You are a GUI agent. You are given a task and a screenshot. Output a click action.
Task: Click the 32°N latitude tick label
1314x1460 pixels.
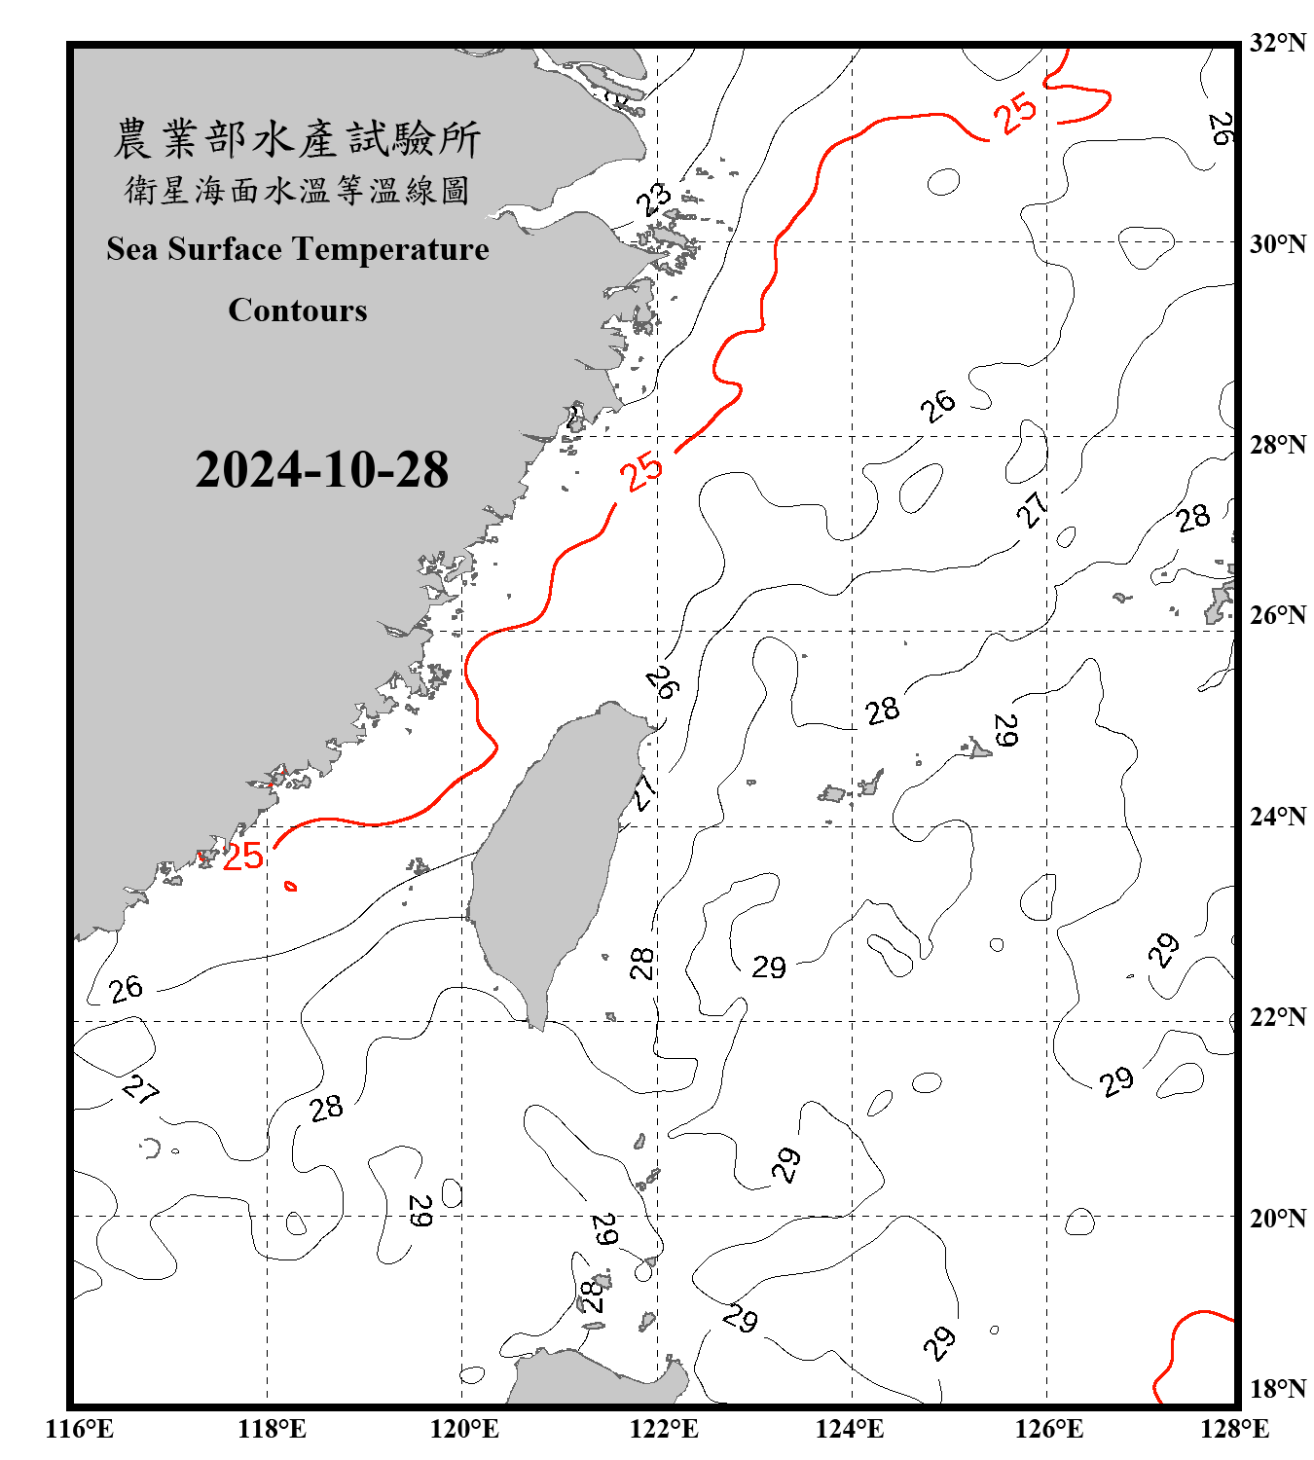coord(1278,43)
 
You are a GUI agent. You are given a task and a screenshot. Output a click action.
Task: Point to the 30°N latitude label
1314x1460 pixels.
coord(1278,244)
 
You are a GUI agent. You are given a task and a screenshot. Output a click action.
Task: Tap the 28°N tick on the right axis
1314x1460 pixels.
coord(1278,445)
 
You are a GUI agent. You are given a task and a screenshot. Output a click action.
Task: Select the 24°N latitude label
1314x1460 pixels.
coord(1278,816)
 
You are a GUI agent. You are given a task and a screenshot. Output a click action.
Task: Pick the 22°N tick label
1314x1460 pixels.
coord(1278,1017)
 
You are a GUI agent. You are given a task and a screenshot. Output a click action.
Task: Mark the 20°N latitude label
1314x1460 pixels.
coord(1278,1218)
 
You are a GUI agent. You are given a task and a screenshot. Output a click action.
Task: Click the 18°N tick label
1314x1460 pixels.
coord(1278,1389)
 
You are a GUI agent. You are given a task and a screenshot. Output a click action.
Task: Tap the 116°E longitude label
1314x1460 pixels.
coord(80,1429)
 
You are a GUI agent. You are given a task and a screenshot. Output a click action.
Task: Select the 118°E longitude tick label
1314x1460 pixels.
coord(272,1429)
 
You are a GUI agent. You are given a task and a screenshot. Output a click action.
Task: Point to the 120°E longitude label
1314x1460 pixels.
coord(464,1429)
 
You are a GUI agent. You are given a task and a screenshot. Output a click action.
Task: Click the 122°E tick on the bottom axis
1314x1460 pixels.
coord(664,1429)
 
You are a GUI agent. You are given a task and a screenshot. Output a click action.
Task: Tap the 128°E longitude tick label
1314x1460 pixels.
coord(1234,1429)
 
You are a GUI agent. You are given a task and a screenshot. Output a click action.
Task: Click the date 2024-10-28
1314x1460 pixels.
coord(321,470)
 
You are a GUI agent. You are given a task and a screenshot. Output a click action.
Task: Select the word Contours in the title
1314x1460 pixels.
coord(297,310)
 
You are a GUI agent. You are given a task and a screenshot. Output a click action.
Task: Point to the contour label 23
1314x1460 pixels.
coord(654,200)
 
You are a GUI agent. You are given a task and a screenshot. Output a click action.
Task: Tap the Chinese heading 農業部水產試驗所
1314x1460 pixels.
coord(297,138)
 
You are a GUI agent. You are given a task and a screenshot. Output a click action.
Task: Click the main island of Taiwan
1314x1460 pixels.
coord(550,857)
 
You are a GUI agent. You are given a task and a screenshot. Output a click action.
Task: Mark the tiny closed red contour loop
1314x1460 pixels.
coord(290,886)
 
